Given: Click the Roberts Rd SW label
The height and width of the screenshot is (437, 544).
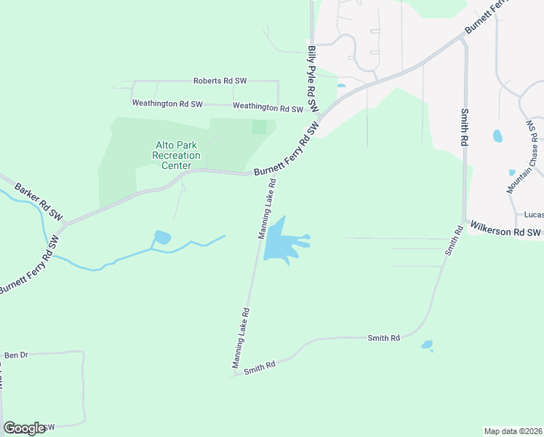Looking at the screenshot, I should coord(220,81).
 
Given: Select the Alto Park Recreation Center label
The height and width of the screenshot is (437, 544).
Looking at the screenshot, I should coord(176,155).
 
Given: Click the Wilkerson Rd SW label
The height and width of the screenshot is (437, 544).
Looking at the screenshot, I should coord(504,231).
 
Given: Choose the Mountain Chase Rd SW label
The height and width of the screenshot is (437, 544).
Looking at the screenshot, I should coord(525,157).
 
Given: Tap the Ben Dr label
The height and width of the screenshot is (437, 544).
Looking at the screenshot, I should coord(16,355).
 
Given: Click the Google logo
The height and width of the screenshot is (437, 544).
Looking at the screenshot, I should coord(24,428).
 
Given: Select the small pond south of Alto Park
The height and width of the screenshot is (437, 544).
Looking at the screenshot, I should coord(161,237).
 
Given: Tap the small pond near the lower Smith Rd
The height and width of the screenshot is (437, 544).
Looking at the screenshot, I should coord(427,345).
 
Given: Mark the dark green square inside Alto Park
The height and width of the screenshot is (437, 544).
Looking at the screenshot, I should coord(259,127).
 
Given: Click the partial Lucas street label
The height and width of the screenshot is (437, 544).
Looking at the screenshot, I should coord(533,216).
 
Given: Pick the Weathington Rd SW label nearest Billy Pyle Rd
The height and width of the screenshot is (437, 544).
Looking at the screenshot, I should coord(267,108).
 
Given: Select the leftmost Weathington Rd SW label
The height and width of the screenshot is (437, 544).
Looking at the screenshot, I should coord(167,104).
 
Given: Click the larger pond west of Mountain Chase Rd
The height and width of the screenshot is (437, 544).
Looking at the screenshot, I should coord(497,135).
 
